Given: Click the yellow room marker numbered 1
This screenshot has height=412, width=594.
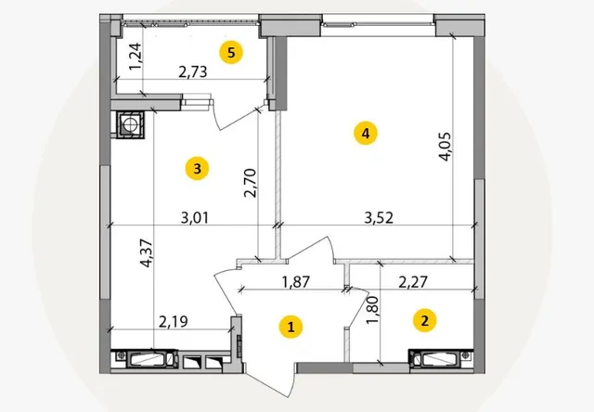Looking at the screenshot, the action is pos(291,327).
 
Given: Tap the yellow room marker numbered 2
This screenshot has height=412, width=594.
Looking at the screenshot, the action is pos(425,320).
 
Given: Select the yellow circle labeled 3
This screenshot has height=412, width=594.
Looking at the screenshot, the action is pos(197,169).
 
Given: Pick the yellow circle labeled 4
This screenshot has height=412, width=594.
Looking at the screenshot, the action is pos(366,134).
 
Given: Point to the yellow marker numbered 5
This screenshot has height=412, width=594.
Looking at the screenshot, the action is pos(231,52).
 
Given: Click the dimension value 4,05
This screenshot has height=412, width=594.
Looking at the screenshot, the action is pos(445,147).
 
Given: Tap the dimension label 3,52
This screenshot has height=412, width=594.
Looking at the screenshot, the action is pos(379,218).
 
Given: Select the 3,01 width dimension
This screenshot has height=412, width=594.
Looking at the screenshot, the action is pos(195,218).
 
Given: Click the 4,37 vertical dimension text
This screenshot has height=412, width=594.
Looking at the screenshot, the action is pos(147,253).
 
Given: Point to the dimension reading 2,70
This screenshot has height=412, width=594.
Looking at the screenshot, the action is pos(251,183).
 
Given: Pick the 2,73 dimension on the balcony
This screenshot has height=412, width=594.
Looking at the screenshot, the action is pos(193,71).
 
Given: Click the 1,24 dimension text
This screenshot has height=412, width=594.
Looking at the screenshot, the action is pos(136,57).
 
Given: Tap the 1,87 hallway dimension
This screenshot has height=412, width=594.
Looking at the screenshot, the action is pos(296,282).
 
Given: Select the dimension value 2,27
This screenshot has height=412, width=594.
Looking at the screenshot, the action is pos(413,282).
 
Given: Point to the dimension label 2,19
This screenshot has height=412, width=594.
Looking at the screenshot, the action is pos(174,322).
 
